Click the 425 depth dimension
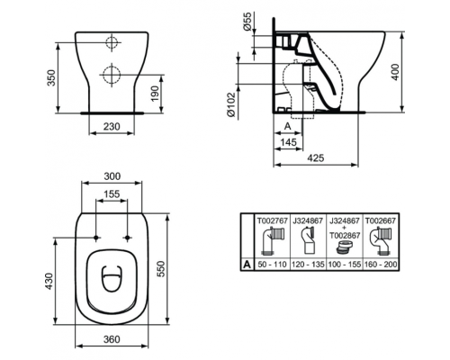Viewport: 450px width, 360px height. [x=315, y=158]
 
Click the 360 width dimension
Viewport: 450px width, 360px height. [x=112, y=340]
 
